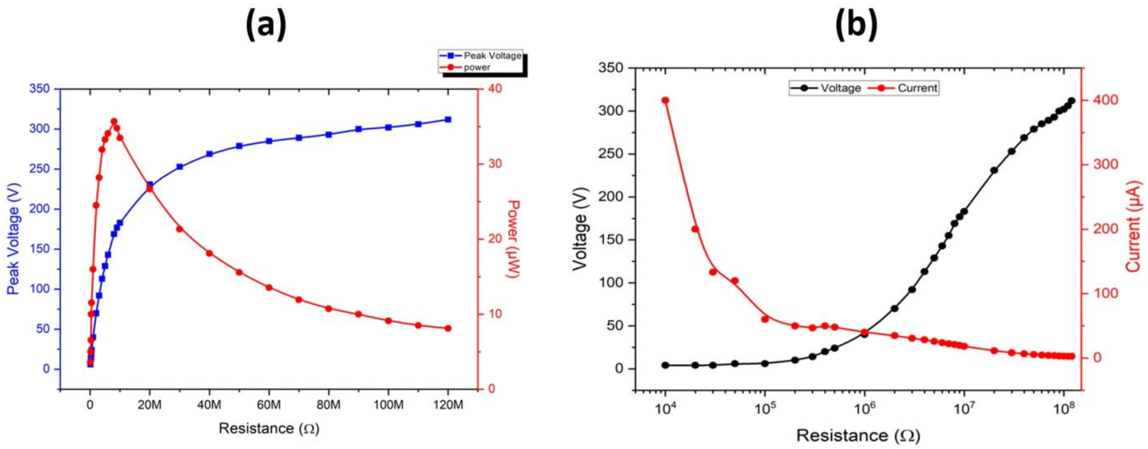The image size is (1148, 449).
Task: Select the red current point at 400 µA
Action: click(665, 100)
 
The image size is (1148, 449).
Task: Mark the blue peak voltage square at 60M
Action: click(269, 141)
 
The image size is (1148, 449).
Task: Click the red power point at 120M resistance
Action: click(448, 329)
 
